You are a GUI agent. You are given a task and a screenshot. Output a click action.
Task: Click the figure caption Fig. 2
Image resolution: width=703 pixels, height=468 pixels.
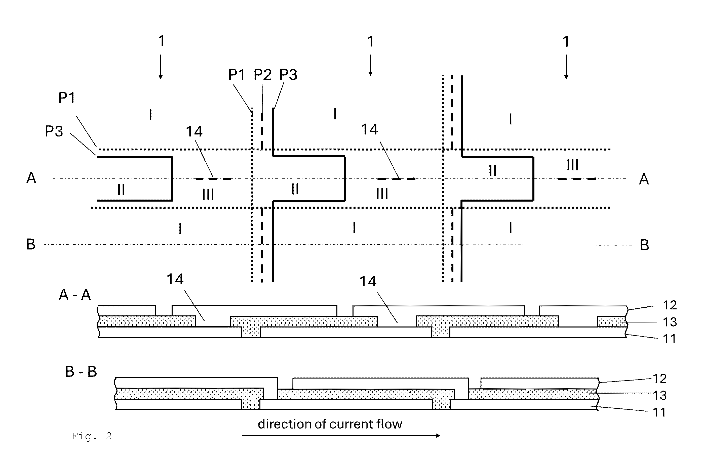click(91, 436)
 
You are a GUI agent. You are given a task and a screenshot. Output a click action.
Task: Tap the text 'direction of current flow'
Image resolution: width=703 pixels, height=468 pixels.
click(330, 424)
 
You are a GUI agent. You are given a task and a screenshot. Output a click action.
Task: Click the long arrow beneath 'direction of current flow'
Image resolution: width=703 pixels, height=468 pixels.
click(341, 436)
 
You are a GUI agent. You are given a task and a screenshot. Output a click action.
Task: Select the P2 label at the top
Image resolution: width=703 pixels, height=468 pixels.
click(263, 74)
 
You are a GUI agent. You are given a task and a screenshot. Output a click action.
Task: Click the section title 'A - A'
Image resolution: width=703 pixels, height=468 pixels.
click(75, 295)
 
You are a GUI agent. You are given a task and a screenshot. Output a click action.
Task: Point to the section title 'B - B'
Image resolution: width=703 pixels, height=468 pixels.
click(81, 371)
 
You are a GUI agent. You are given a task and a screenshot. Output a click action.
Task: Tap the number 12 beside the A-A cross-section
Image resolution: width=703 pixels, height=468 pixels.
click(670, 305)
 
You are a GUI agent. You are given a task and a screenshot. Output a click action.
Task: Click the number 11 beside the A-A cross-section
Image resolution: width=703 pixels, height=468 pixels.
click(669, 339)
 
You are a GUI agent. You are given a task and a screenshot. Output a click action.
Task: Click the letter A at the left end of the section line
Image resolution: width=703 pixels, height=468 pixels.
click(31, 178)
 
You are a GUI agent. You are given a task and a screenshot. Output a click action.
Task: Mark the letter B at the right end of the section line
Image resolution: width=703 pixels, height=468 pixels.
click(644, 245)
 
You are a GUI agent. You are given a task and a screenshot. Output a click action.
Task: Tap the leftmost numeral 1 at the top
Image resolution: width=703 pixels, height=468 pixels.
click(161, 41)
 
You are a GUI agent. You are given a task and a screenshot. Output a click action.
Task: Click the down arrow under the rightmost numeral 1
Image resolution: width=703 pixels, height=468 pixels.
click(566, 67)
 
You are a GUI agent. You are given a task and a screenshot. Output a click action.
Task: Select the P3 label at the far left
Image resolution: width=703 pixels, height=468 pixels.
click(54, 131)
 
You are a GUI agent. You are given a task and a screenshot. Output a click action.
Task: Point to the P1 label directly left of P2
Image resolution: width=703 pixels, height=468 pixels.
click(237, 74)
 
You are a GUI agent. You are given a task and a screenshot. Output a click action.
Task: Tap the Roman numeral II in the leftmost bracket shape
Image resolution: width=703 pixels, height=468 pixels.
click(121, 189)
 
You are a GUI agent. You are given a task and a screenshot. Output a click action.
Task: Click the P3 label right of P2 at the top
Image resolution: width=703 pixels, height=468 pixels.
click(288, 75)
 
